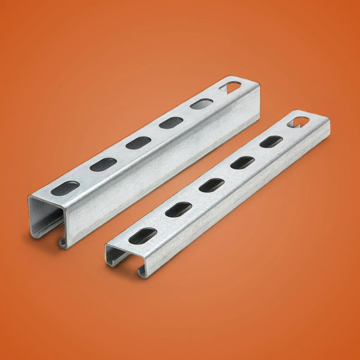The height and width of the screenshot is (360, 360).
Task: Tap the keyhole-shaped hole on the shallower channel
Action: (x=300, y=120)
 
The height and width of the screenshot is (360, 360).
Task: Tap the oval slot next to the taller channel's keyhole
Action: (x=202, y=104)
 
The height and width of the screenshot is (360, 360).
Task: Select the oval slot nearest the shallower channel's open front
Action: (x=143, y=236)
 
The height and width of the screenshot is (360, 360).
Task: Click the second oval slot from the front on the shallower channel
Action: (x=179, y=209)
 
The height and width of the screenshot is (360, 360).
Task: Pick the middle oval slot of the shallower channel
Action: (x=212, y=185)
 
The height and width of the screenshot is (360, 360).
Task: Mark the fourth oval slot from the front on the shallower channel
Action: (x=243, y=162)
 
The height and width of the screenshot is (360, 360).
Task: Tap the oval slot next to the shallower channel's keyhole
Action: (x=271, y=142)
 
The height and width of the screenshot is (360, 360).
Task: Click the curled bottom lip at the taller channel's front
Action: (x=63, y=243)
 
